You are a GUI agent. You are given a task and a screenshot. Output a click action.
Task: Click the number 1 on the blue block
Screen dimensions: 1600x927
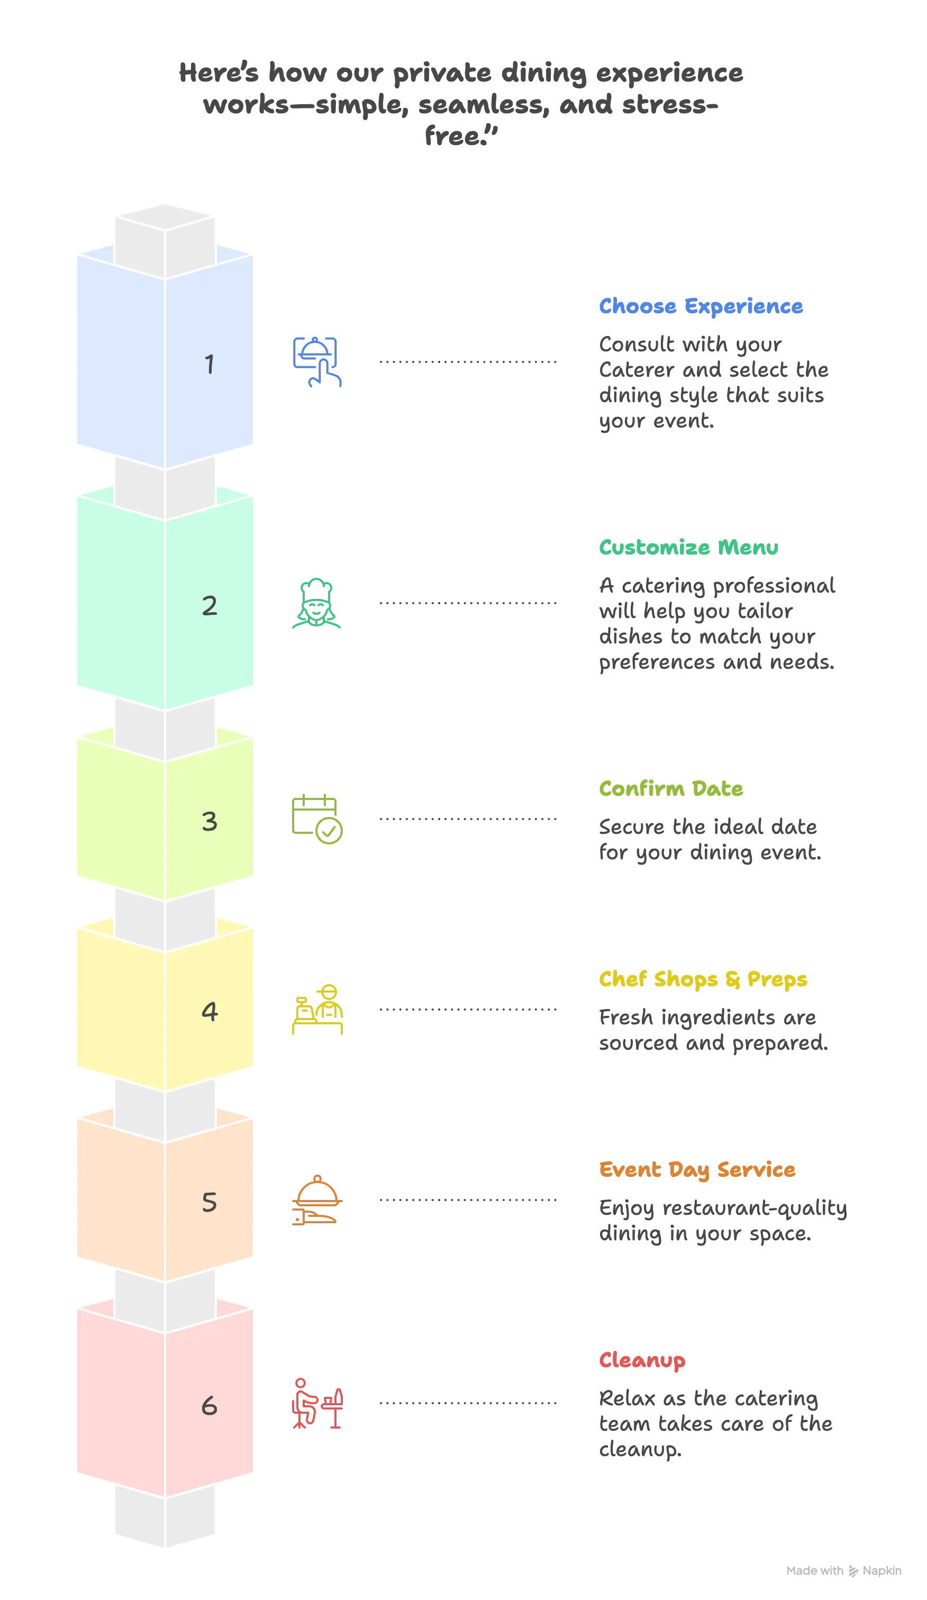(x=210, y=365)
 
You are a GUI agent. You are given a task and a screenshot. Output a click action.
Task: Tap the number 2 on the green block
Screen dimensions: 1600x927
(x=210, y=606)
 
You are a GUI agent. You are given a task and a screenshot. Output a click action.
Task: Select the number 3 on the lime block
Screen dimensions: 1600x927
(x=210, y=822)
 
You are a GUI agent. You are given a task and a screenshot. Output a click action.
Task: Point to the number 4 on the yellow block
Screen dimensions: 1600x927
(x=210, y=1012)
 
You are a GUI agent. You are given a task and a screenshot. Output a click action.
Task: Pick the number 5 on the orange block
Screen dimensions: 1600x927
(x=210, y=1203)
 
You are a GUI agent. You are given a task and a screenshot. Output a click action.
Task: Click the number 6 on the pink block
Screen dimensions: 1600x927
(x=210, y=1406)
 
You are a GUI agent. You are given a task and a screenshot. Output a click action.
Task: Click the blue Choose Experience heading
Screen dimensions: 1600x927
(x=701, y=307)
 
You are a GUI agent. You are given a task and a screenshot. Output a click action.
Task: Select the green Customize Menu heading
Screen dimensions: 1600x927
(x=688, y=548)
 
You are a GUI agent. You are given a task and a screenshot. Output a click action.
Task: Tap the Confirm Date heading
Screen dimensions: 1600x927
(x=670, y=789)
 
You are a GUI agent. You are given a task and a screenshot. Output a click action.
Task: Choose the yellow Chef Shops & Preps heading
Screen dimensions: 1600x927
(x=702, y=980)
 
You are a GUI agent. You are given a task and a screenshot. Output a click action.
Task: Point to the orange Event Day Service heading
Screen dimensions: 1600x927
(x=696, y=1170)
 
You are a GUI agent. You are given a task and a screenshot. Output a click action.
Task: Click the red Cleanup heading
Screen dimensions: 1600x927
(x=641, y=1361)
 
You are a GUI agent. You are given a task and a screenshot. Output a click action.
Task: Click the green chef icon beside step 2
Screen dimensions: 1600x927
(x=317, y=603)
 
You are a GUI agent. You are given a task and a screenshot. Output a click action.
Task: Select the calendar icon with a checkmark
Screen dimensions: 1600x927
(x=317, y=819)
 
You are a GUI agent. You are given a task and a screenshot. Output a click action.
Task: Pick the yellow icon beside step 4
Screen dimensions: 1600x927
(x=317, y=1010)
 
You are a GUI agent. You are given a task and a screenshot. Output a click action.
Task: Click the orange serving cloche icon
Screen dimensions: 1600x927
(x=317, y=1200)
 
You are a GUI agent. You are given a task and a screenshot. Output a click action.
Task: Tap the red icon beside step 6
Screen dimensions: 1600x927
(x=317, y=1403)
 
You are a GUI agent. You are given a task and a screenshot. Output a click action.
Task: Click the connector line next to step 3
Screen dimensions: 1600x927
(x=467, y=819)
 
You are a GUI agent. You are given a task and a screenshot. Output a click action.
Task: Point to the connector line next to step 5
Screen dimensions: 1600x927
(x=467, y=1200)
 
